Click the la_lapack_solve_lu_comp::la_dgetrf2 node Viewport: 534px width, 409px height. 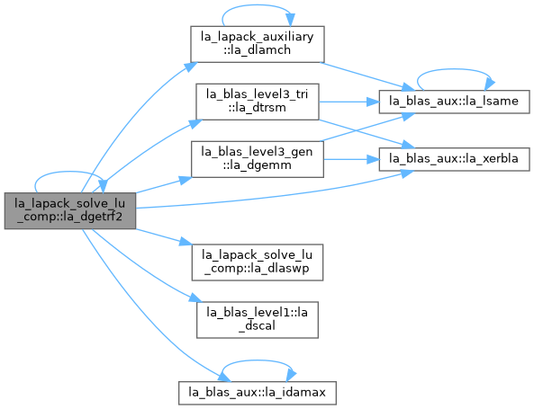70,210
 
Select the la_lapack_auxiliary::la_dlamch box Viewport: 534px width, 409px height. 258,44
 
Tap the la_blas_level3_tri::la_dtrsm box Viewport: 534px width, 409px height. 258,102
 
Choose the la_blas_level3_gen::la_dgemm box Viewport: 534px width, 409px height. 258,159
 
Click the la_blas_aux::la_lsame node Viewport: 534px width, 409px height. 454,102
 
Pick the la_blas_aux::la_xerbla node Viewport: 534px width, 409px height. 454,159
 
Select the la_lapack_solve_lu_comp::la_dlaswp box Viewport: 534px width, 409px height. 258,262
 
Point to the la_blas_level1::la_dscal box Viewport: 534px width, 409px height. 258,320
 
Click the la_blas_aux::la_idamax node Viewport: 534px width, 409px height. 258,393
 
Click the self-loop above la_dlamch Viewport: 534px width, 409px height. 258,5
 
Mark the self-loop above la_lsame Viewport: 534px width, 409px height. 454,70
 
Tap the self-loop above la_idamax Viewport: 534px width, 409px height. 258,360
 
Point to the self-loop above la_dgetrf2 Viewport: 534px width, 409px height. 70,172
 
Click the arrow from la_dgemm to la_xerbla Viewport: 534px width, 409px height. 351,159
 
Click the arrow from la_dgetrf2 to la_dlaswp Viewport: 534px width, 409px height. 164,236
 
